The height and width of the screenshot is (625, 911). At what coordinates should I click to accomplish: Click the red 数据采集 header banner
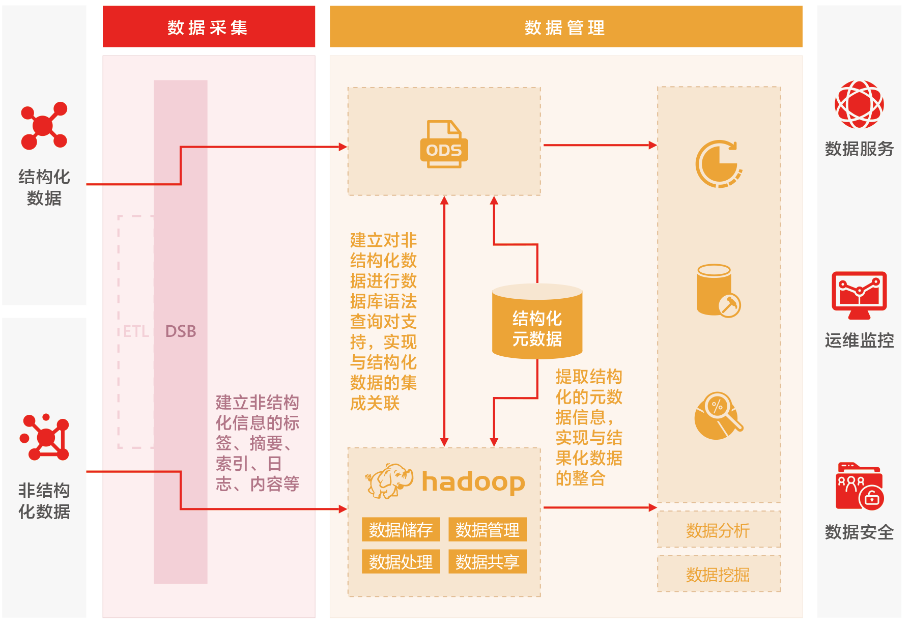(208, 27)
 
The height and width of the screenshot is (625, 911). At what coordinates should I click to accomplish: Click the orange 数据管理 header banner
(565, 27)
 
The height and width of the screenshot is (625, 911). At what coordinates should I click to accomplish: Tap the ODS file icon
(443, 145)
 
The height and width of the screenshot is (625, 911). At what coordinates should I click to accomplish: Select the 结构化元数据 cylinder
(537, 322)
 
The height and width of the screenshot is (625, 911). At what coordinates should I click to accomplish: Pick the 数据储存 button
(401, 530)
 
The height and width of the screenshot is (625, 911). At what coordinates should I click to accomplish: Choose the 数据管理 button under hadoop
(487, 530)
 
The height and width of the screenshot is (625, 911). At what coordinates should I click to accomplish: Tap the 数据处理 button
(401, 562)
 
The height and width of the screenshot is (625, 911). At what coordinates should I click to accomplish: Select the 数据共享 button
(487, 562)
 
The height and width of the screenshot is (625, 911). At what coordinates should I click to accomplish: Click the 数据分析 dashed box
(718, 530)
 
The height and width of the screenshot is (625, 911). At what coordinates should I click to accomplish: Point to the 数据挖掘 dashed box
(718, 574)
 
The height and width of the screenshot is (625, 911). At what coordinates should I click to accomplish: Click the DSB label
(181, 331)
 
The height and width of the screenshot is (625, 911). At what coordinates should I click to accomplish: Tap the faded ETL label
(135, 331)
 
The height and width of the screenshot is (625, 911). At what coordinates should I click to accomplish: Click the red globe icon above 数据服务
(859, 104)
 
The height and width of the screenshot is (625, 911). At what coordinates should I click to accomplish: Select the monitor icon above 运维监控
(859, 295)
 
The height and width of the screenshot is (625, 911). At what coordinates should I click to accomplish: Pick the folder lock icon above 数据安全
(859, 487)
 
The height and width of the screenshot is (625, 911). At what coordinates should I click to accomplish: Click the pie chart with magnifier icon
(718, 415)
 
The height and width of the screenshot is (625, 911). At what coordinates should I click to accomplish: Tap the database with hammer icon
(718, 291)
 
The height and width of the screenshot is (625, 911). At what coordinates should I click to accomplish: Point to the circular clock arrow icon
(718, 164)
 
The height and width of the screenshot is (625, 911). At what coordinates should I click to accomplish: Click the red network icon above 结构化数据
(44, 126)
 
